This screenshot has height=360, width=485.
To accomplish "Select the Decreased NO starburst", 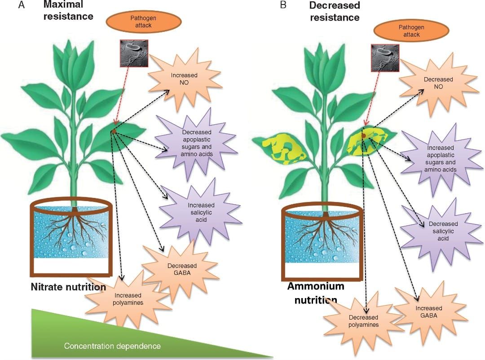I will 438,83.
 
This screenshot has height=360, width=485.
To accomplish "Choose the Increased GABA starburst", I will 429,312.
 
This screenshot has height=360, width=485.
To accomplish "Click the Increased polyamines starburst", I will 128,299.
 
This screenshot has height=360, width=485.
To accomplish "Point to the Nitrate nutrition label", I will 68,287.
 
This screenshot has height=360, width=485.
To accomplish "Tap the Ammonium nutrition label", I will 315,293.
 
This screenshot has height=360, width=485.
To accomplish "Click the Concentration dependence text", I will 112,346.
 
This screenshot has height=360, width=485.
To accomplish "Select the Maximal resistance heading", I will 68,11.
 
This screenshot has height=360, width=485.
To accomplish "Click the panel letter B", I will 283,5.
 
